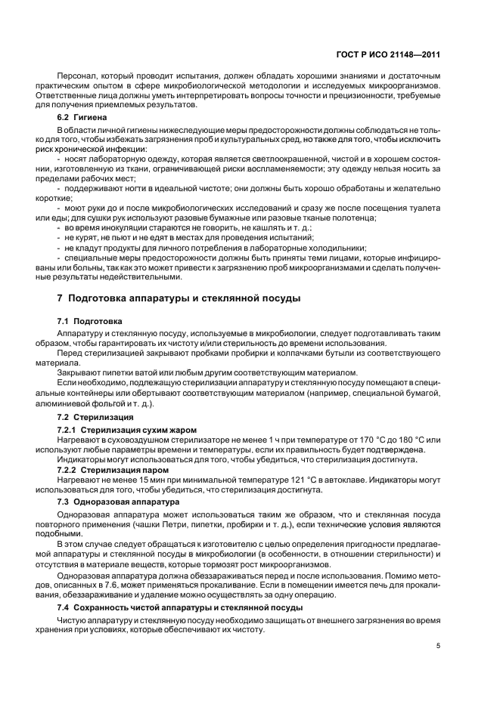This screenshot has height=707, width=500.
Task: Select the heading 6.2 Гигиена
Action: [82, 118]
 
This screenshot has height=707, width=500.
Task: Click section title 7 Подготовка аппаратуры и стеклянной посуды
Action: [179, 298]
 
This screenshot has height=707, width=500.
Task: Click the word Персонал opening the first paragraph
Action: [79, 76]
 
